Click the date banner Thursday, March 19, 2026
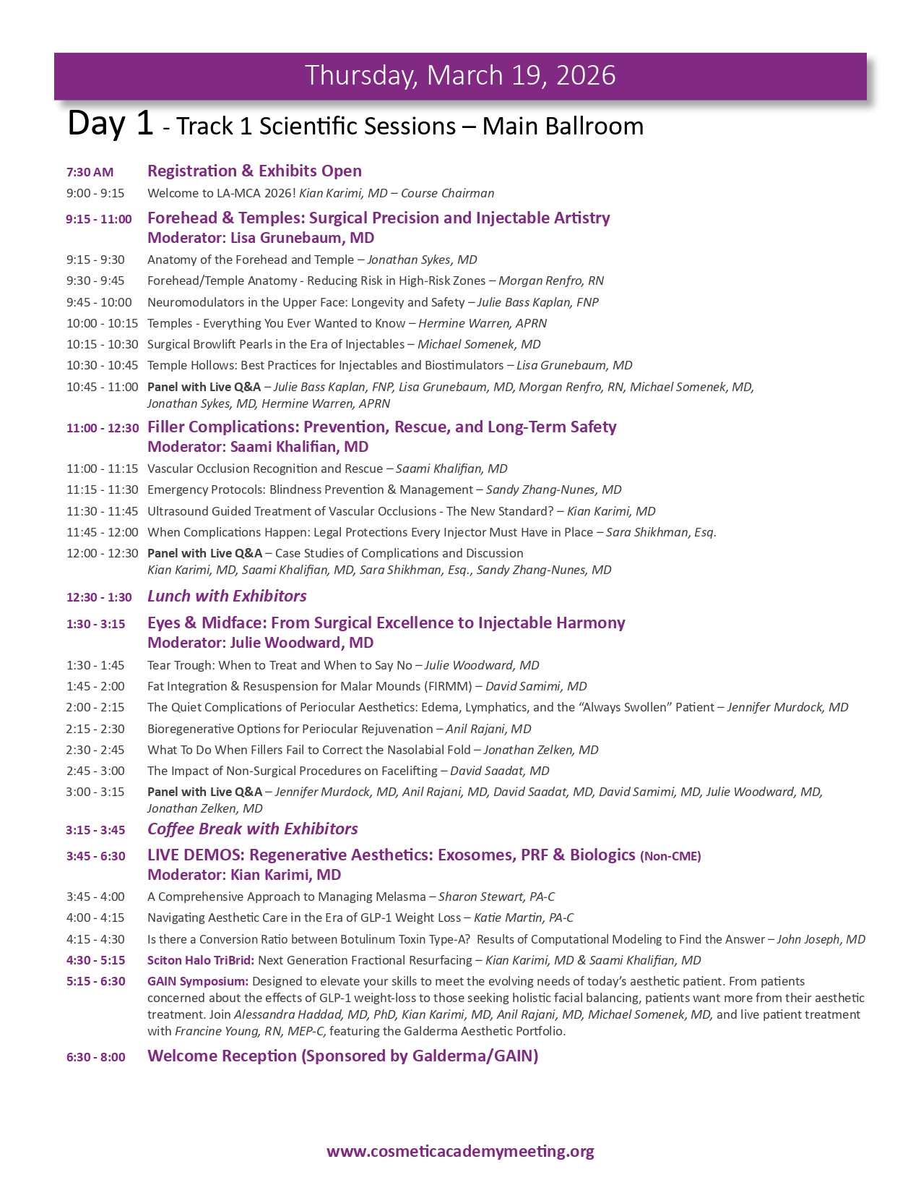pos(460,76)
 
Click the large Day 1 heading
pos(110,124)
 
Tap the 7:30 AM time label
pos(90,172)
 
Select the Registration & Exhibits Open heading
pos(254,171)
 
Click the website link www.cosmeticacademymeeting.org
pos(460,1151)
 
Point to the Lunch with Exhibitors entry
pos(227,596)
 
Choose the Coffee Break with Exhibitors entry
pos(252,829)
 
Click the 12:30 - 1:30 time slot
pos(99,597)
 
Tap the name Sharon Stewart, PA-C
pos(496,897)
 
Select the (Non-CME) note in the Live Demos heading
pos(670,857)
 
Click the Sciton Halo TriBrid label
pos(200,961)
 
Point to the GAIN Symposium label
pos(197,982)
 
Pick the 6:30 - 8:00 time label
pos(95,1057)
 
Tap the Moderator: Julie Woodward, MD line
pos(260,643)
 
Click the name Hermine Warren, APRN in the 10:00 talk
pos(483,324)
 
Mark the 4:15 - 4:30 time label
pos(95,940)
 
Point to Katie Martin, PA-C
pos(523,918)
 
